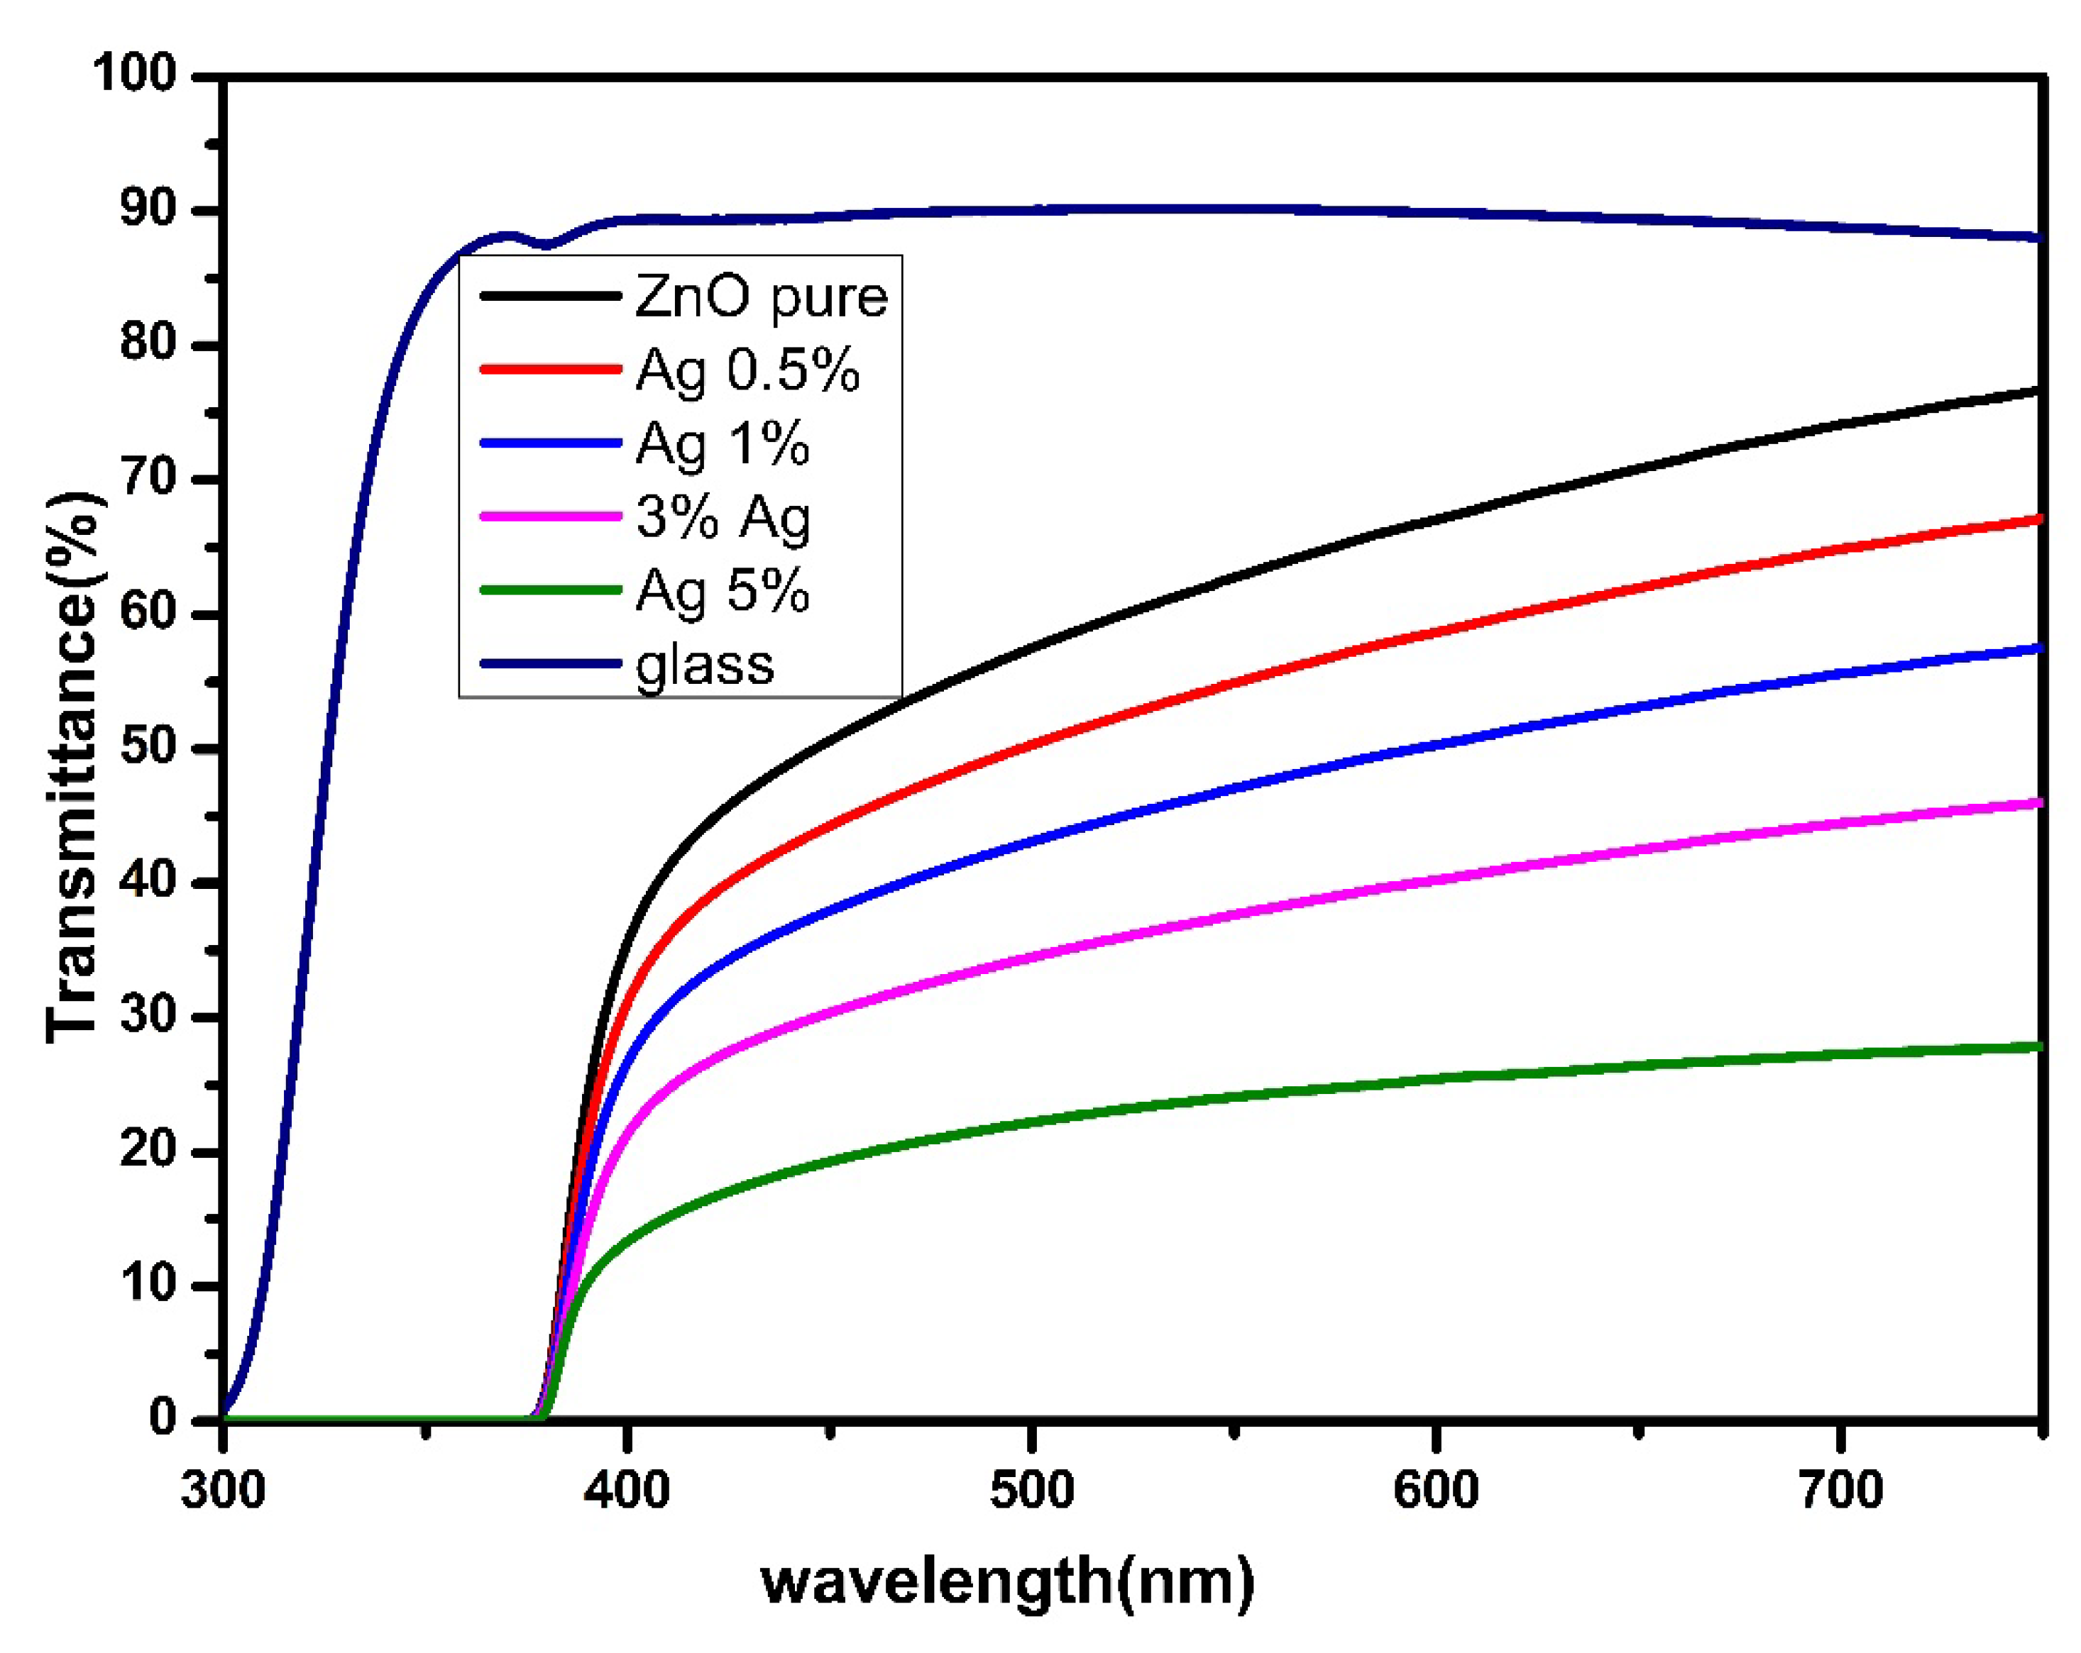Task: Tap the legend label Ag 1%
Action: click(722, 444)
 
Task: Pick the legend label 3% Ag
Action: click(722, 517)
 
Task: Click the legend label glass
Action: click(705, 665)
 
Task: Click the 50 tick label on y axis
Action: click(148, 748)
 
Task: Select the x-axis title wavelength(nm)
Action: click(1008, 1583)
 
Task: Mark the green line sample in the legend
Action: click(550, 590)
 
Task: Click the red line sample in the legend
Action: click(550, 370)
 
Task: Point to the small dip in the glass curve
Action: click(547, 244)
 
